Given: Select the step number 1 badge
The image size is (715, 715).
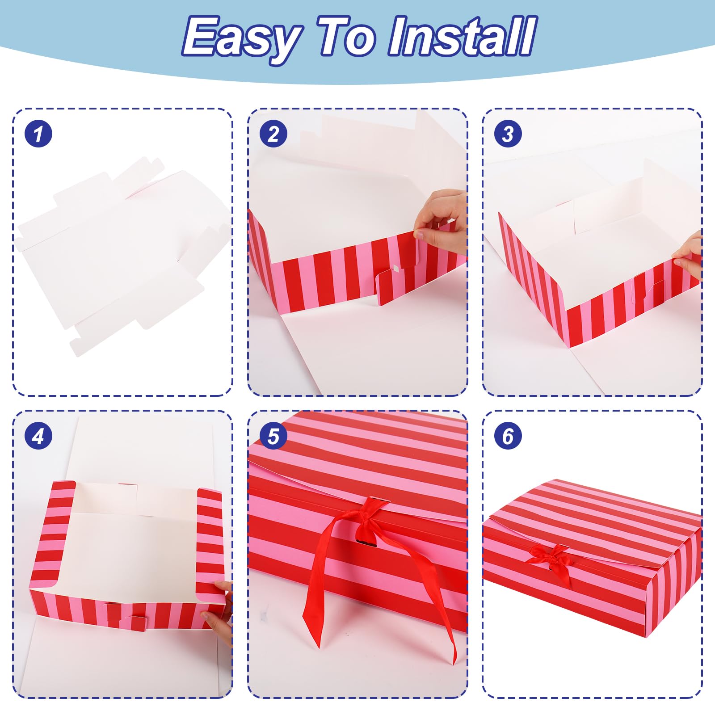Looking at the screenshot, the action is coord(38,134).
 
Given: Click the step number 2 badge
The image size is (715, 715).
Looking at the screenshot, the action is coord(273,134).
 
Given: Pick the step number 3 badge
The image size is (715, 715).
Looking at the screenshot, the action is coord(508,134).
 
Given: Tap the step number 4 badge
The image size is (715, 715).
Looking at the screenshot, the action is coord(38,436).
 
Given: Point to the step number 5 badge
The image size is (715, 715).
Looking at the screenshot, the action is coord(273,436).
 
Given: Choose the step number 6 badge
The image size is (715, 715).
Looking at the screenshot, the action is coord(508,436).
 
